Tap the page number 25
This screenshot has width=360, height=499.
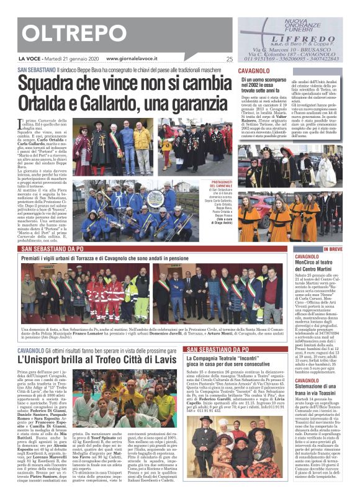(x=229, y=60)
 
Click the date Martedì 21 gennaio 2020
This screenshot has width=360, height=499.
(x=66, y=59)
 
